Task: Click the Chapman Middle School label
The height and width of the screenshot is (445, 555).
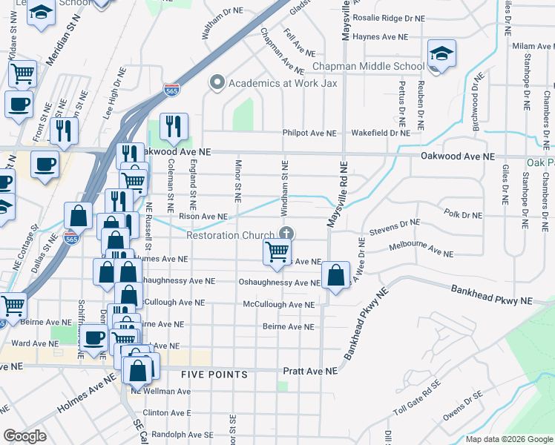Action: point(368,66)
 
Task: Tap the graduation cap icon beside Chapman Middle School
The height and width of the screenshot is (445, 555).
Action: point(441,54)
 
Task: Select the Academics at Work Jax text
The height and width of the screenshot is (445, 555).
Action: point(283,82)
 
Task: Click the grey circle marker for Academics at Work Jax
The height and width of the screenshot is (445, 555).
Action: point(217,82)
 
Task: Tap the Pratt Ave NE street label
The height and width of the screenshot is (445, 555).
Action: point(310,370)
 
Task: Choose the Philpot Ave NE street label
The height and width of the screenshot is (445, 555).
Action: point(309,133)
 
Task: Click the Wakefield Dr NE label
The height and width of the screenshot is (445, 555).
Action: point(380,133)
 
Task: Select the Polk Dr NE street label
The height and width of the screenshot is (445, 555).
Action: point(463,213)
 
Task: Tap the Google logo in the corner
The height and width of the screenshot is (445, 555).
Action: point(24,436)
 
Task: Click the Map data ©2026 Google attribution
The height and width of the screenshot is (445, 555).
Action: point(508,439)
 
